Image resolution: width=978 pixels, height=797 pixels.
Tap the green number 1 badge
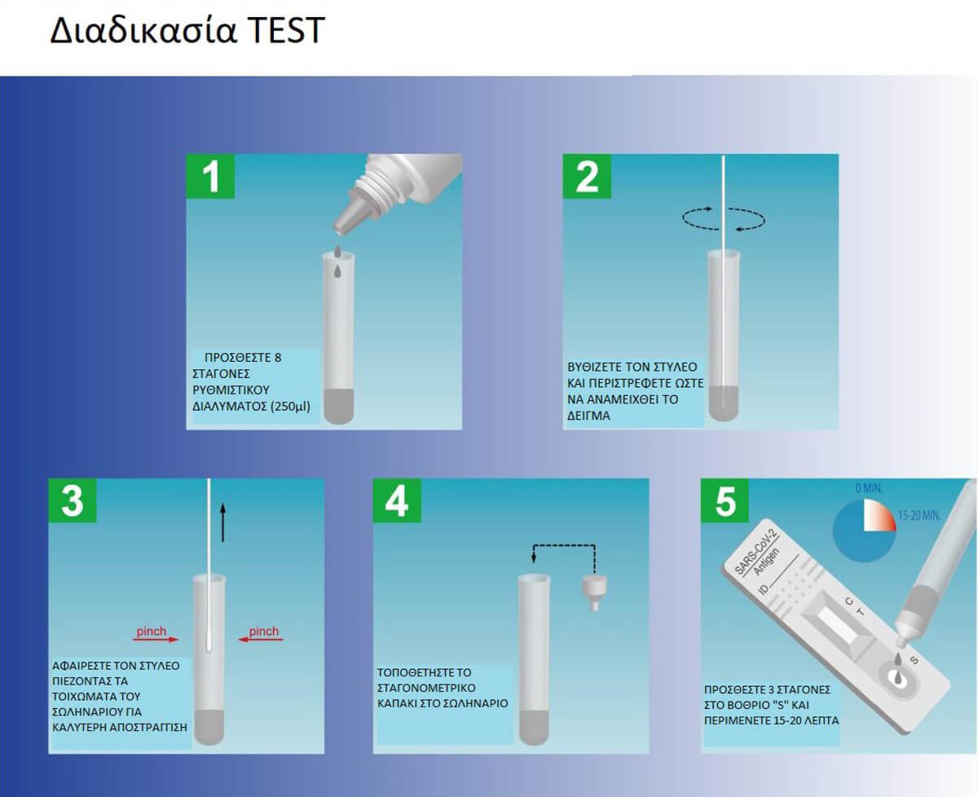[210, 176]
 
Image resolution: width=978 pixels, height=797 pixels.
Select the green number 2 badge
[587, 176]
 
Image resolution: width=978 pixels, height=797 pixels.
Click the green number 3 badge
[73, 500]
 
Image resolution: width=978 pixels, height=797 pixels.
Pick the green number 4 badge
[397, 500]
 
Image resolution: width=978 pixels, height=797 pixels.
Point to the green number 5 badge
[725, 500]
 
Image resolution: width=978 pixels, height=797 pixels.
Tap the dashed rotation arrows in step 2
[724, 219]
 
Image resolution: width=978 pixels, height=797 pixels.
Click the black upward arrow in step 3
[223, 522]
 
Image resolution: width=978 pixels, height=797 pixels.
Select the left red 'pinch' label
[152, 631]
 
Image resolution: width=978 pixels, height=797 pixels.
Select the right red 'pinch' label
[263, 631]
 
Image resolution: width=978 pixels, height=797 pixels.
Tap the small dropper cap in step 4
[594, 592]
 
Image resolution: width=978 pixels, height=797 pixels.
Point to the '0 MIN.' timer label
[869, 488]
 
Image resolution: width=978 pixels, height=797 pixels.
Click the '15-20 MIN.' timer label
[919, 516]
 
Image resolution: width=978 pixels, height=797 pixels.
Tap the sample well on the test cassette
[897, 678]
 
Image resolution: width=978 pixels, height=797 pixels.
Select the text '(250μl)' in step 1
[290, 407]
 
